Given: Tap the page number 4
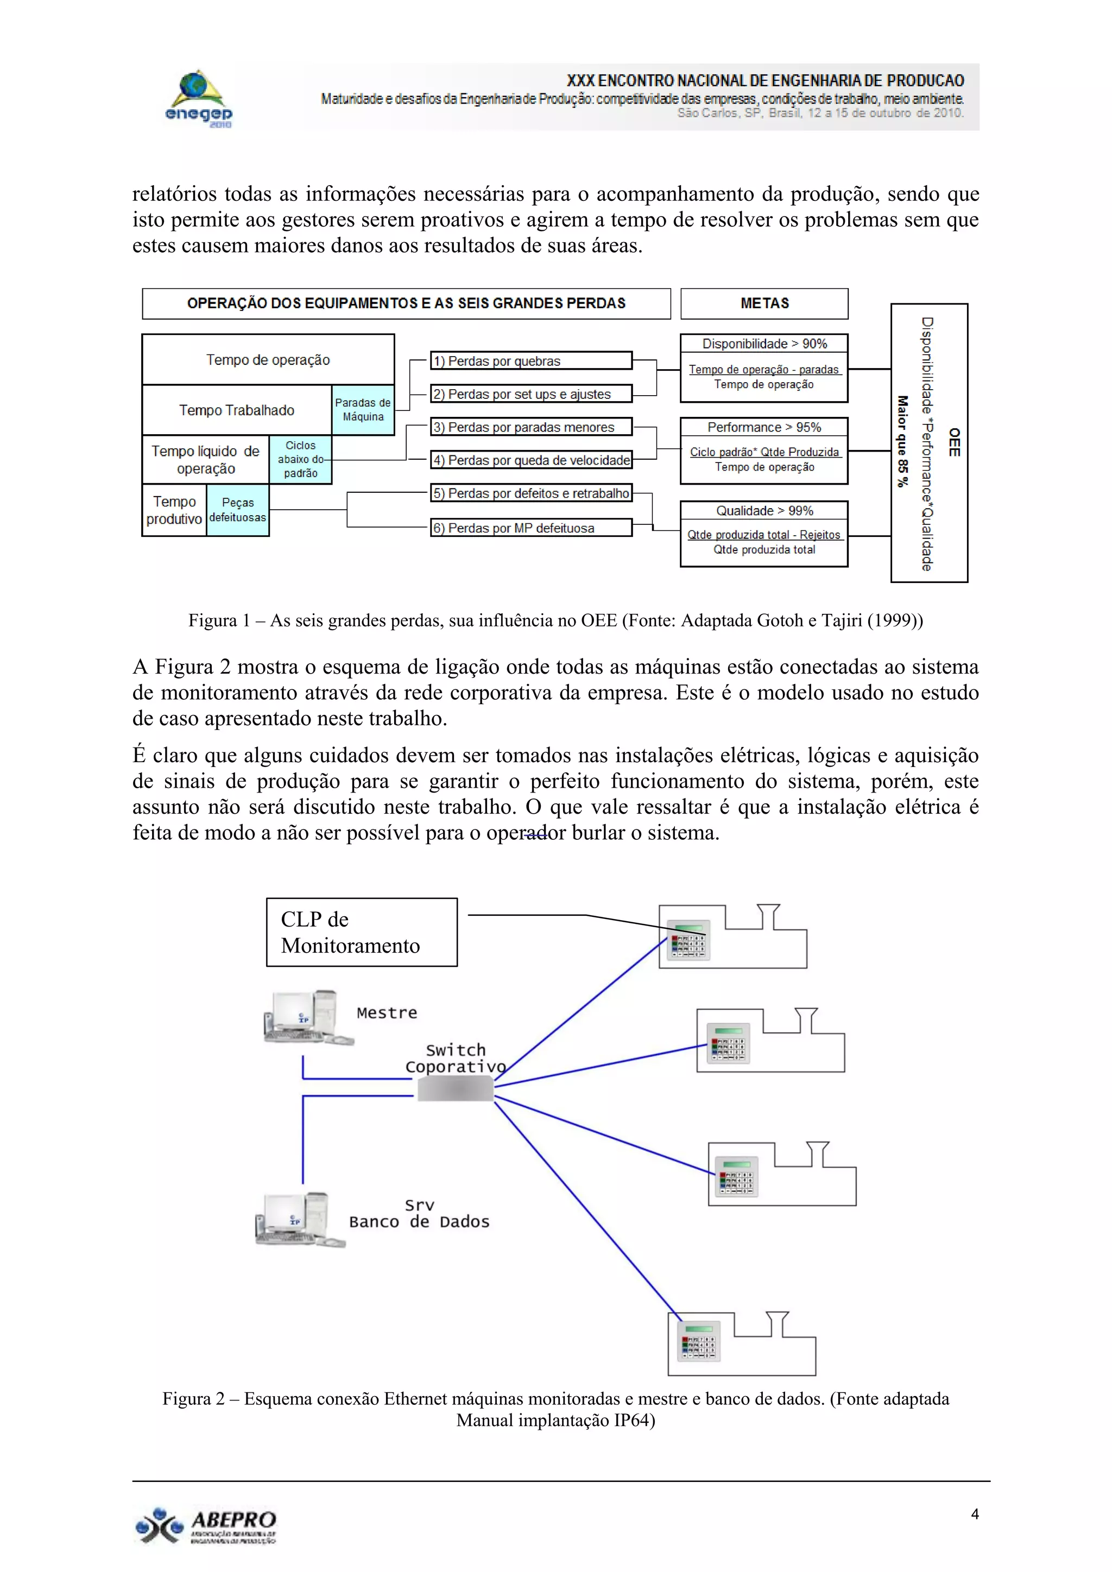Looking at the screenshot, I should (x=975, y=1514).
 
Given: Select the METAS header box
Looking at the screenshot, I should (x=764, y=303).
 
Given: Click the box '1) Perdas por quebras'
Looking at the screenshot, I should (x=530, y=361).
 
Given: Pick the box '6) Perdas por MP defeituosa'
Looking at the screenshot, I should (x=530, y=528).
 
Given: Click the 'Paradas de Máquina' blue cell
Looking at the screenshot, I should (x=363, y=409).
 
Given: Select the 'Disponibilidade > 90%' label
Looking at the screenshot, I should (x=764, y=344).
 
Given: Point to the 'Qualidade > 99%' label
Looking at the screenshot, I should (x=764, y=511).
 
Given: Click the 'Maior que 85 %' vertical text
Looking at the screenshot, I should (x=902, y=442).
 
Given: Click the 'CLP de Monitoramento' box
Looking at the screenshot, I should (x=362, y=932).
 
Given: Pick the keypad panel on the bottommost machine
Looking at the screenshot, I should (x=698, y=1341).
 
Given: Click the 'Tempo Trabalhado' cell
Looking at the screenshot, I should (x=237, y=410).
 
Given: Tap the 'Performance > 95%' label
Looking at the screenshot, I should (x=764, y=427).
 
